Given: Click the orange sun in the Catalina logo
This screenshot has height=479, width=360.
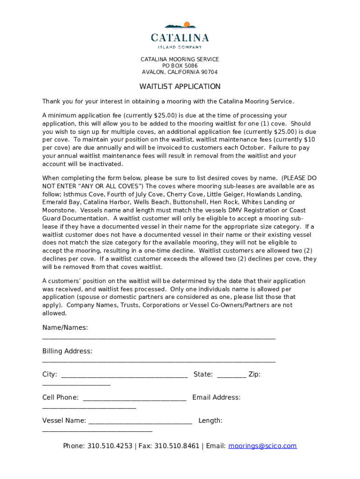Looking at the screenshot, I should click(x=187, y=25).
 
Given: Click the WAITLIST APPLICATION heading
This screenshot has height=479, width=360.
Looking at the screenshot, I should click(x=180, y=87).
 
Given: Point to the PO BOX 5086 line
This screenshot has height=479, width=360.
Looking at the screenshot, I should click(x=180, y=66).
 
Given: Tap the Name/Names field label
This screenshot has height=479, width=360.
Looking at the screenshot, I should click(x=65, y=327).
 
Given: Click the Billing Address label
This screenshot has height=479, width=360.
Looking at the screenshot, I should click(x=67, y=351).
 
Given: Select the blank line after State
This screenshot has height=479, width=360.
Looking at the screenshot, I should click(x=231, y=376).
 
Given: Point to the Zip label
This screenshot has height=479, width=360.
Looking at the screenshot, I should click(x=254, y=374).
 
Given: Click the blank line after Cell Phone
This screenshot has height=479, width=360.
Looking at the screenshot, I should click(x=134, y=399).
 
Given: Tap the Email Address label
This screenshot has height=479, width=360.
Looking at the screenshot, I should click(x=216, y=398).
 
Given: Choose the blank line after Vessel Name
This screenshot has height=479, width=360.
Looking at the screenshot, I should click(x=140, y=422).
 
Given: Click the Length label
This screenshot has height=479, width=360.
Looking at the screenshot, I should click(x=210, y=421).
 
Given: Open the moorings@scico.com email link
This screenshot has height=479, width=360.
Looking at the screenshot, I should click(x=262, y=446).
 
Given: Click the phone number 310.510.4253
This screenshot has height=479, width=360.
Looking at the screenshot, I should click(x=109, y=446).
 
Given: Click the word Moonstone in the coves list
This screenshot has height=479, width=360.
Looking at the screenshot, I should click(x=57, y=210).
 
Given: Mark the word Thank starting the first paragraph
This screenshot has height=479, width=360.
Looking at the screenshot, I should click(x=51, y=102).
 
